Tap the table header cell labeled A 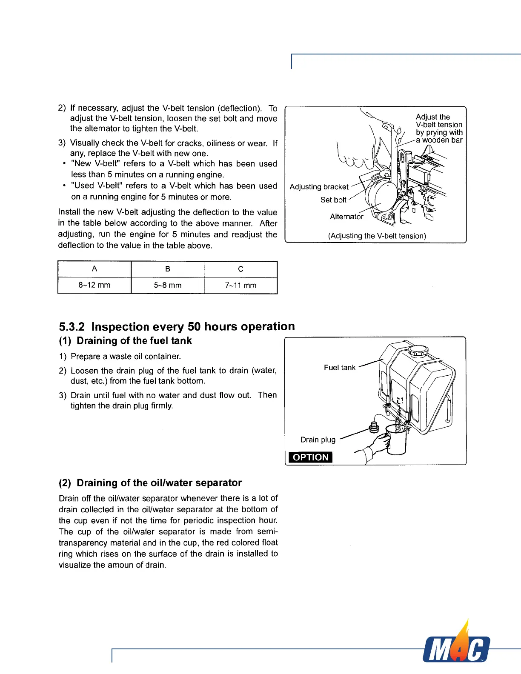point(94,269)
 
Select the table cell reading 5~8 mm point(168,286)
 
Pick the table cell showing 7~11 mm point(240,286)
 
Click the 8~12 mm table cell point(94,286)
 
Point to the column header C point(240,269)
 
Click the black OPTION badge point(311,457)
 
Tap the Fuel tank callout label point(339,368)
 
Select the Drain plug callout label point(318,440)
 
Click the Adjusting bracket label point(319,187)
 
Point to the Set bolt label point(333,200)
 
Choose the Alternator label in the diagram point(346,217)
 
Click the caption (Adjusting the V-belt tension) point(377,236)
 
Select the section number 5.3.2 point(72,327)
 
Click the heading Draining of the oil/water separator point(159,483)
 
